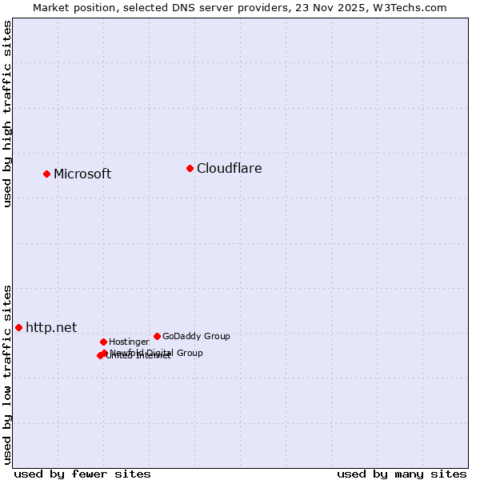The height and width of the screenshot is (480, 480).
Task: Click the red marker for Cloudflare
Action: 190,168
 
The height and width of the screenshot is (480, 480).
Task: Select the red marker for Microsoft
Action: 46,174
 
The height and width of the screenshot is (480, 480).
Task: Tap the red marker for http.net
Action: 18,327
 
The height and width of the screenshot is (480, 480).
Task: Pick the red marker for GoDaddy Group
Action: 157,336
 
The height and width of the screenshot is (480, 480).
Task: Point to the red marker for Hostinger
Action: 103,342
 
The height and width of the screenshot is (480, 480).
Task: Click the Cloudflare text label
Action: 229,168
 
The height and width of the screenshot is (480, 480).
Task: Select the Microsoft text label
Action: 82,174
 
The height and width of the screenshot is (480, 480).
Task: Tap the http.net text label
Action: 51,327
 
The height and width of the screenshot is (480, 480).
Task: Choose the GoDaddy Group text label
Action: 196,336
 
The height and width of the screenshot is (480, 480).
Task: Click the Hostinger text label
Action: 129,342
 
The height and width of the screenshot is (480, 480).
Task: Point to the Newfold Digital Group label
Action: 157,352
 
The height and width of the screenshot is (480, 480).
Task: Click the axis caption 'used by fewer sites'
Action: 82,474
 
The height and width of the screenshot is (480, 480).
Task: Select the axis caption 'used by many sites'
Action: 402,474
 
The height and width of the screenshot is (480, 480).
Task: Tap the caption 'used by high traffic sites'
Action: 7,114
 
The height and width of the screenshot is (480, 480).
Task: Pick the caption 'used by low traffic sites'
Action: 7,374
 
